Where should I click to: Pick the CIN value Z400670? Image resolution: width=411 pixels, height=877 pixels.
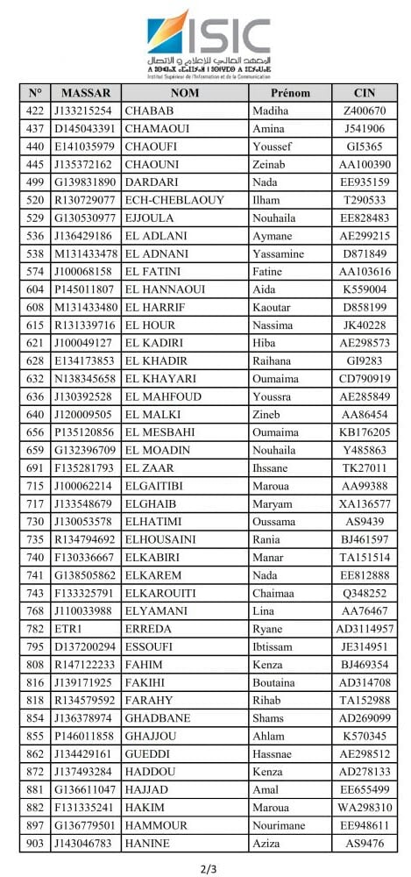point(365,111)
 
